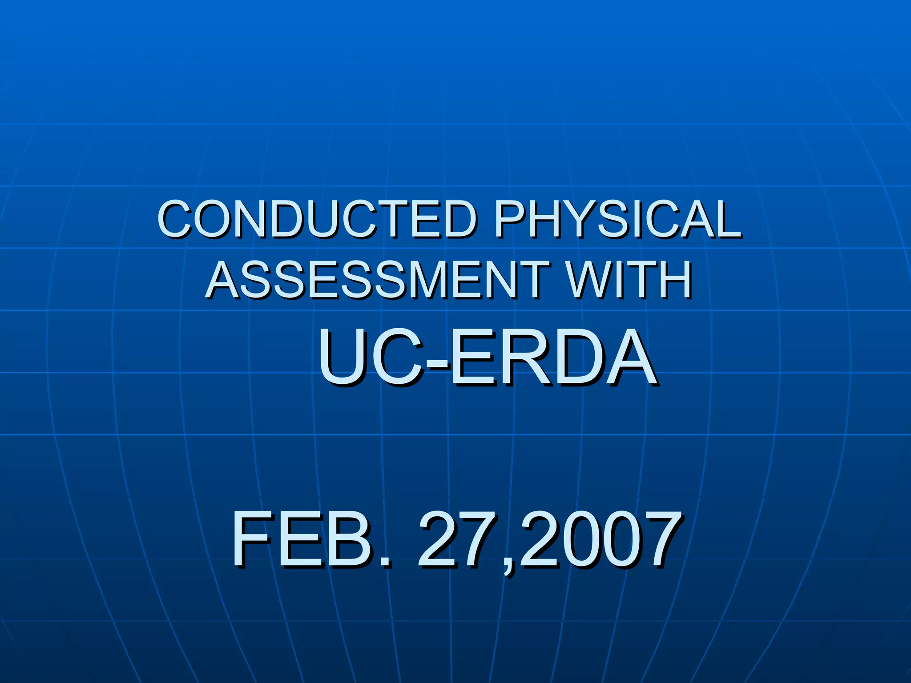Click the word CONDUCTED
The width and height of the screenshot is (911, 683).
pyautogui.click(x=317, y=219)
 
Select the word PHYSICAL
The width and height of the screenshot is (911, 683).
pyautogui.click(x=617, y=219)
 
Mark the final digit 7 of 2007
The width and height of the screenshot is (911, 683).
pyautogui.click(x=663, y=539)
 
